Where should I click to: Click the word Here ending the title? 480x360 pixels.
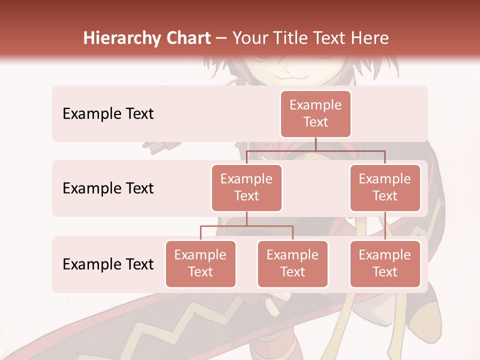pos(370,38)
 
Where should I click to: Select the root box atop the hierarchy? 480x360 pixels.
pos(315,113)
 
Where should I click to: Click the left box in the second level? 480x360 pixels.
pos(246,187)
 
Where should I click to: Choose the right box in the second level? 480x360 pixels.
pos(385,187)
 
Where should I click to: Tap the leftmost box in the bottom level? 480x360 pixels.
pos(200,263)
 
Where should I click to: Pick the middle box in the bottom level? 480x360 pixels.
pos(292,263)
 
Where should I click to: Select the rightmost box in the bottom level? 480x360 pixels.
pos(385,263)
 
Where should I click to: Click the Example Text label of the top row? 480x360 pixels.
pos(108,114)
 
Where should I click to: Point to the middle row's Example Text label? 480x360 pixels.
pos(108,188)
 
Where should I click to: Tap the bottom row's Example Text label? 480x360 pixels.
pos(108,264)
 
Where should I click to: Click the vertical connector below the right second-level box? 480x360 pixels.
pos(385,226)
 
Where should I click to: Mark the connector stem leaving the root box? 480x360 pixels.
pos(315,143)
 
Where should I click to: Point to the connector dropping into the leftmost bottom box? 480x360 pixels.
pos(200,233)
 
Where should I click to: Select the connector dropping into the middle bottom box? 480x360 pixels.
pos(292,233)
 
